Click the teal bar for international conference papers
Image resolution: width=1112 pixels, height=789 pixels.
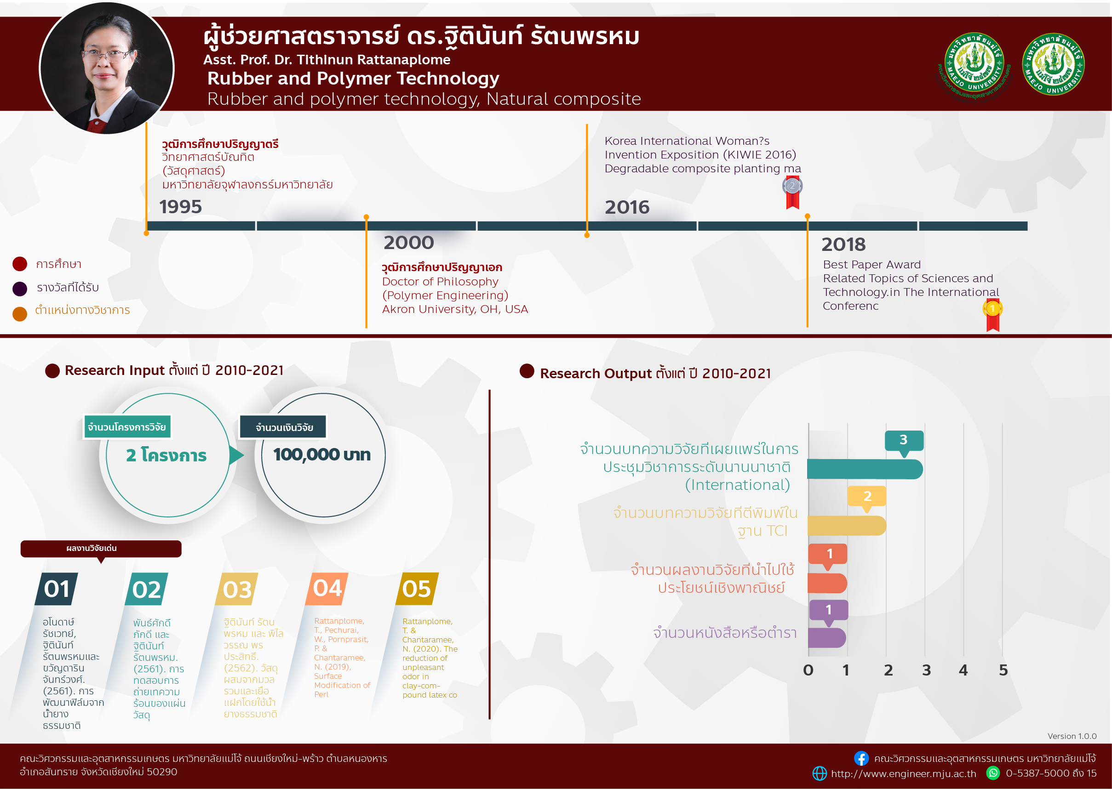(x=865, y=469)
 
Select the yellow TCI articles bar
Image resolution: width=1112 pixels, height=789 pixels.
(x=847, y=526)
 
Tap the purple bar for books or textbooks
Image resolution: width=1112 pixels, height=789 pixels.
(x=826, y=638)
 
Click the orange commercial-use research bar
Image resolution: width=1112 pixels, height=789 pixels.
(x=827, y=583)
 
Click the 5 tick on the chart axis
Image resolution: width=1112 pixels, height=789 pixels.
(x=1003, y=670)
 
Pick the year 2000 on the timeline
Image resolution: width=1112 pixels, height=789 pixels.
(x=408, y=243)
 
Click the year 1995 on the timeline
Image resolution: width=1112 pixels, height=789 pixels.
(x=180, y=207)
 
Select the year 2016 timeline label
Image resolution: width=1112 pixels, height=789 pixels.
(x=627, y=207)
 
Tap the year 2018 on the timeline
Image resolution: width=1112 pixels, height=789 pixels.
(x=843, y=244)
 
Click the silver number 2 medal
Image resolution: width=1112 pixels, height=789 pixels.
(x=792, y=193)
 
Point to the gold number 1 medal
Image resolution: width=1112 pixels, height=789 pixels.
(x=992, y=315)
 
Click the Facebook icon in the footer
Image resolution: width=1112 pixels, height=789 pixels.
(x=861, y=758)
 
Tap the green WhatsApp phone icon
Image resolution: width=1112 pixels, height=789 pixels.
(x=993, y=773)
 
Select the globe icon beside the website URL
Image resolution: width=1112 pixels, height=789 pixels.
(x=820, y=773)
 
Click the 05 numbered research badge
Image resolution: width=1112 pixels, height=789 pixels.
(x=417, y=589)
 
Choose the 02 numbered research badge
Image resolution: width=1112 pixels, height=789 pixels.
(x=146, y=589)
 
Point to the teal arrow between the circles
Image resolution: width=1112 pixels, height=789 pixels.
(x=236, y=455)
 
